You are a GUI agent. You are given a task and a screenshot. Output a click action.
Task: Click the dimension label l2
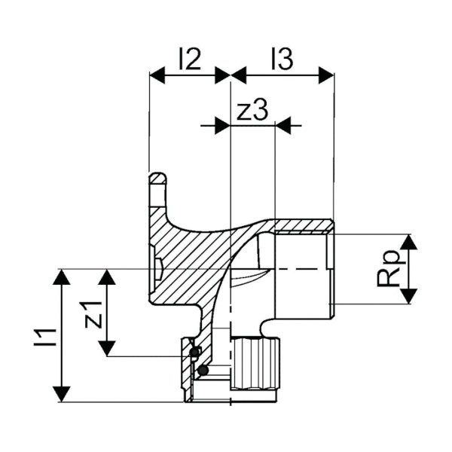190,59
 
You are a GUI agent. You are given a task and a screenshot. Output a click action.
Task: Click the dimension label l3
282,59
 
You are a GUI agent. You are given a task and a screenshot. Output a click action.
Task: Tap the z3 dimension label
252,110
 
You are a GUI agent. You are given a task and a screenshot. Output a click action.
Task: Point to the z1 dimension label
94,314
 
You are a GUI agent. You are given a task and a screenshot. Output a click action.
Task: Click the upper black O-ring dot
194,352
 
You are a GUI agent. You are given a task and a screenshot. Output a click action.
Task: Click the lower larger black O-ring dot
203,370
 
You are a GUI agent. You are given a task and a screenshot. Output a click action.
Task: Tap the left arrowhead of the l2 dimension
157,75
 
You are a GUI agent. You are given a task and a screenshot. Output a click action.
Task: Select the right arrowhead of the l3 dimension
326,75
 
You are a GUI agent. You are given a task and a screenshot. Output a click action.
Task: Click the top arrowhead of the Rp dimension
409,243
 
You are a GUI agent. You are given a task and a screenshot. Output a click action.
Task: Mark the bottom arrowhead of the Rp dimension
409,296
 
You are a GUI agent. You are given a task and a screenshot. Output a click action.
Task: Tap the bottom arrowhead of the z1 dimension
107,348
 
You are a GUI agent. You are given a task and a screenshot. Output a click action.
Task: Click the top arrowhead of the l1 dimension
62,276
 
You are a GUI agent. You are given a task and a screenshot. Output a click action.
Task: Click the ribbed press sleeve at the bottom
255,370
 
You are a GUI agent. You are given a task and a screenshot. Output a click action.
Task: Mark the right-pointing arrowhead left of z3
222,125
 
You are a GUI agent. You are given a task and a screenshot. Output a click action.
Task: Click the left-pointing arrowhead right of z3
284,125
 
